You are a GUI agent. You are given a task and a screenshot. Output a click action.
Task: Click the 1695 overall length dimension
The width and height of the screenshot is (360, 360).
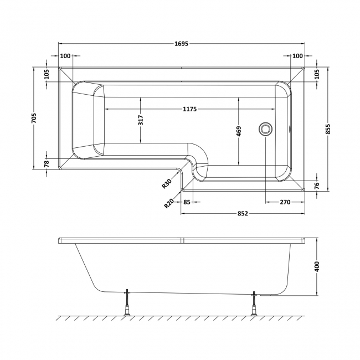point(181,43)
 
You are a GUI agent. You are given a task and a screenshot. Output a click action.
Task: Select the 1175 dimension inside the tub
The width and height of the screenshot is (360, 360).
point(190,109)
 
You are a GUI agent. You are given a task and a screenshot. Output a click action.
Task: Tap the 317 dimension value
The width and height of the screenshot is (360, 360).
point(141,120)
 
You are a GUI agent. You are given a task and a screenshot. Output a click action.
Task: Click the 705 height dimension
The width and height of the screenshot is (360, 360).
point(35,117)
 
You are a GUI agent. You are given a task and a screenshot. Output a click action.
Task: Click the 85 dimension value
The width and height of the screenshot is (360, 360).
point(187,202)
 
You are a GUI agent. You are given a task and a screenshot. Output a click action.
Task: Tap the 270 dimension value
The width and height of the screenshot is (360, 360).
point(285,202)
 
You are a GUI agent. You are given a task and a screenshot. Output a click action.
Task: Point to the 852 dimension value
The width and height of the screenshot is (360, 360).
point(242,213)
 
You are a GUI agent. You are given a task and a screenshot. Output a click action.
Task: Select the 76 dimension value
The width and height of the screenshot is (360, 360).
point(317,186)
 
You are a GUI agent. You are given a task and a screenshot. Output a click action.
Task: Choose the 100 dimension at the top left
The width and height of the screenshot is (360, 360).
point(65,56)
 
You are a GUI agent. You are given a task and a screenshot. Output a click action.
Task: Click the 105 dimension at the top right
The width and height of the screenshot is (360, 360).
point(317,73)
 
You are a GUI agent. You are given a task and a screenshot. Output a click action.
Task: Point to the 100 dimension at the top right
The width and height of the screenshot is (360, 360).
point(297,56)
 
